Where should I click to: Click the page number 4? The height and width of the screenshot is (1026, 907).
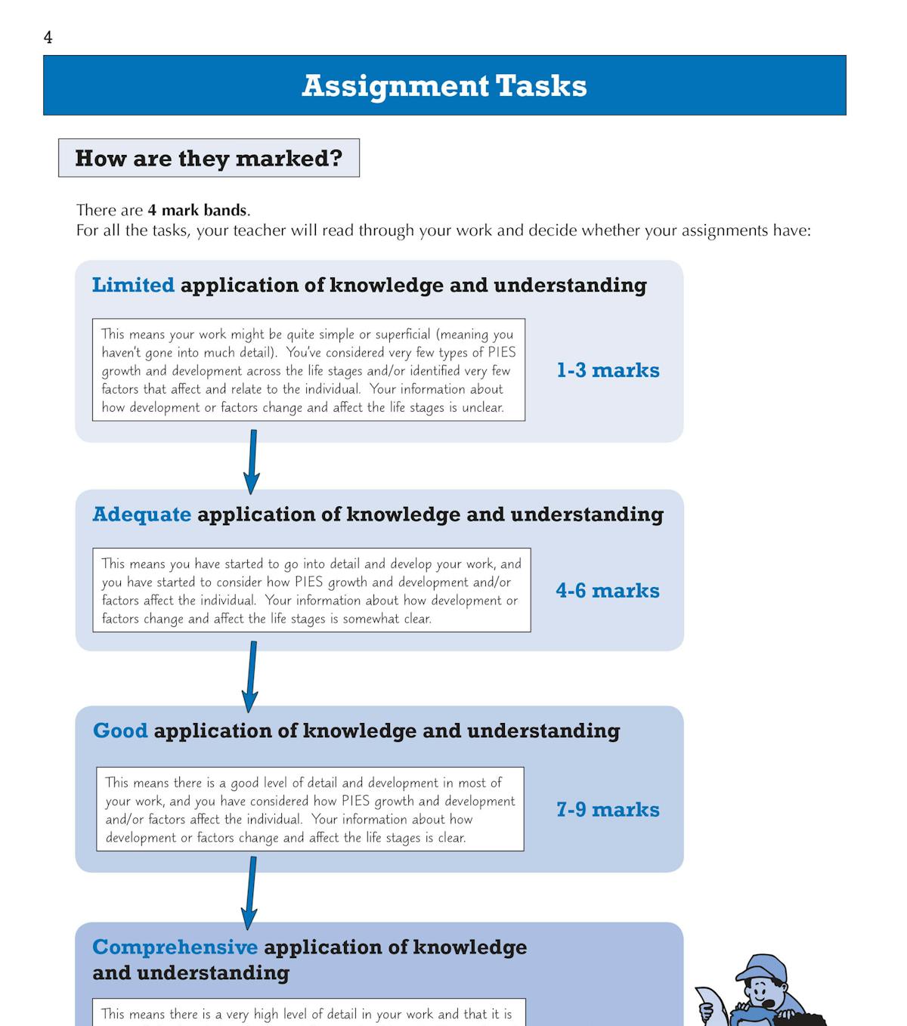(x=48, y=38)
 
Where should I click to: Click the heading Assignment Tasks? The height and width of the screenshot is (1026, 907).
(x=444, y=86)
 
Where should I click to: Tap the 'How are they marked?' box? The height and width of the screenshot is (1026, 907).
(x=209, y=158)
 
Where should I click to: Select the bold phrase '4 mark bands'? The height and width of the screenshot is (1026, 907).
(x=197, y=210)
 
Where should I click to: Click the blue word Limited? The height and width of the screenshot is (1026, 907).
(x=133, y=285)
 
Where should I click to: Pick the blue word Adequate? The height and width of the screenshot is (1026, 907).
(x=141, y=515)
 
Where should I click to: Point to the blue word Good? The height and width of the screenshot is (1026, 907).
(x=120, y=731)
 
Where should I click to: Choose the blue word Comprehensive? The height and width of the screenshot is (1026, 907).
(x=175, y=947)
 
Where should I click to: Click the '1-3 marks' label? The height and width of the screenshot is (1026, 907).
(x=608, y=370)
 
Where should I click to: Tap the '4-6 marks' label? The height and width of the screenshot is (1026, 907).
(x=608, y=591)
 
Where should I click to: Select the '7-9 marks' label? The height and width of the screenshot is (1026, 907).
(x=608, y=810)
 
